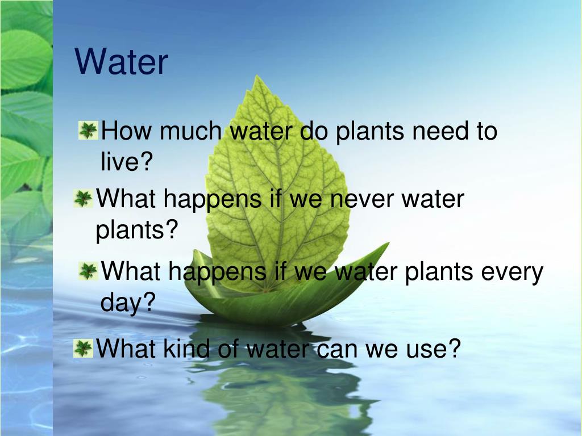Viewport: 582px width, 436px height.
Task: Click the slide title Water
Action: point(122,62)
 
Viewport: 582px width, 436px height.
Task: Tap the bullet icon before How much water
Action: point(88,131)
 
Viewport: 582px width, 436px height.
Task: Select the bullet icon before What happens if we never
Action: point(83,199)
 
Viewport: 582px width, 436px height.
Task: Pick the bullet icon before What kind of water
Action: point(83,348)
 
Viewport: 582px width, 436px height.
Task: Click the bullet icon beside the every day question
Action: point(88,271)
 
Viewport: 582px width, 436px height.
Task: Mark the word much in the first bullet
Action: point(190,132)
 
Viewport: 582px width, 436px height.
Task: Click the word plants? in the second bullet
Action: point(136,231)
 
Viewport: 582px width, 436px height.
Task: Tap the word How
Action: point(128,132)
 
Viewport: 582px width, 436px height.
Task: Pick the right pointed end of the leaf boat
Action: point(388,244)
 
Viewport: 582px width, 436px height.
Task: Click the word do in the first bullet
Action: point(314,132)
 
